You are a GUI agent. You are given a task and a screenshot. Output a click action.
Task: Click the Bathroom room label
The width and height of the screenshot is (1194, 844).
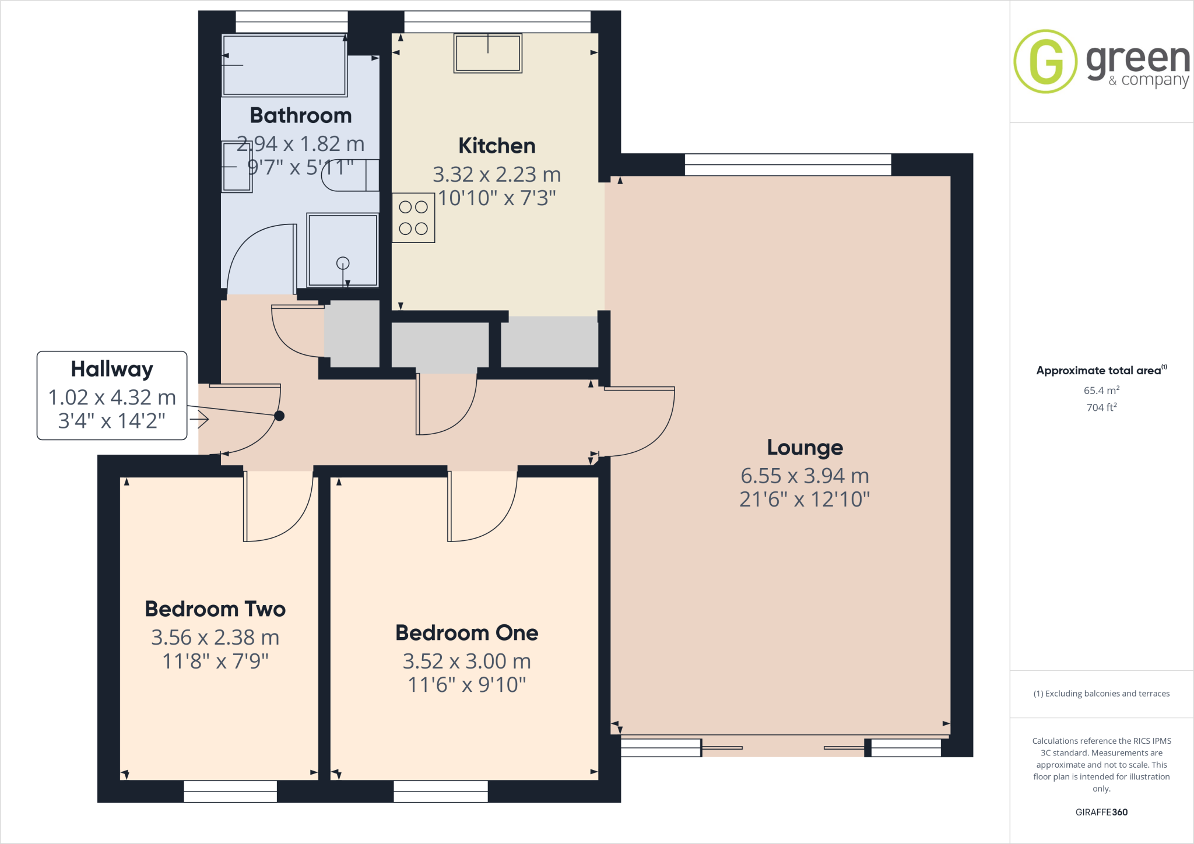pos(301,115)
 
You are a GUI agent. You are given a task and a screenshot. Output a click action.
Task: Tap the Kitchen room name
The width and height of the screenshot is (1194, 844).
pos(497,146)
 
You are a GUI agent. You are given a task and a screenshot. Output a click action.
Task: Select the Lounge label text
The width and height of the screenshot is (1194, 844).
pos(805,448)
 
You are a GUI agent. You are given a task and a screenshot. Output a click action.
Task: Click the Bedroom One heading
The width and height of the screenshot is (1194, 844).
pos(466,633)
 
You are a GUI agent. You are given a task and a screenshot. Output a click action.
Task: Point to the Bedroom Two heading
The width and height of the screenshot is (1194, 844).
pos(215,609)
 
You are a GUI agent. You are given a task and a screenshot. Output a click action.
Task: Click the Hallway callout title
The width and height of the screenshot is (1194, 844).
pos(112,369)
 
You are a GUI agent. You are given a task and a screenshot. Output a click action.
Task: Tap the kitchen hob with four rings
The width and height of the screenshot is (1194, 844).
pos(413,217)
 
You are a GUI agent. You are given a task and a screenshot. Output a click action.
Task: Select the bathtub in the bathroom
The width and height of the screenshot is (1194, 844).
pos(284,65)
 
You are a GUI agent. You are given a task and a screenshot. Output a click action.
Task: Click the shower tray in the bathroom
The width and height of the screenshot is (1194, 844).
pos(343,249)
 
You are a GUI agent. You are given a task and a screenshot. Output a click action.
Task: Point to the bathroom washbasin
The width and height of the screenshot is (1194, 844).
pos(237,167)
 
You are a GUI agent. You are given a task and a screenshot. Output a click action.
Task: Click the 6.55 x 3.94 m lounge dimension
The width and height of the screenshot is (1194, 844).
pos(805,476)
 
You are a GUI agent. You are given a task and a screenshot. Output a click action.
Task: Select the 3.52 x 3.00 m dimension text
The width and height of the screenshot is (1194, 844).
pos(466,662)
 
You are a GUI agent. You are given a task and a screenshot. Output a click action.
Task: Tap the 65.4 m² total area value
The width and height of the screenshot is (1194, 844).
pos(1101,391)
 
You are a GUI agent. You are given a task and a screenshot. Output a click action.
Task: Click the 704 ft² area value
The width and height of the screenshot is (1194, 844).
pos(1101,407)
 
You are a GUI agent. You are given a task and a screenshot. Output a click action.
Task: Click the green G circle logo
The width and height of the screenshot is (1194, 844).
pos(1045,61)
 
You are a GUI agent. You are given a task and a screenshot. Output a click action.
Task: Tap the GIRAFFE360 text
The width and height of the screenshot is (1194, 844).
pos(1101,812)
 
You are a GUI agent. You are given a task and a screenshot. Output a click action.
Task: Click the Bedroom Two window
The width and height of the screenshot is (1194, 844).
pos(230,791)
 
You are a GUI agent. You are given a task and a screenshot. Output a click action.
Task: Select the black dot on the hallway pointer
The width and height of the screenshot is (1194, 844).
pos(279,416)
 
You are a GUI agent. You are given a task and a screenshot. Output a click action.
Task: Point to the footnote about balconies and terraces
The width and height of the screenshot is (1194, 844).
pos(1101,694)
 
